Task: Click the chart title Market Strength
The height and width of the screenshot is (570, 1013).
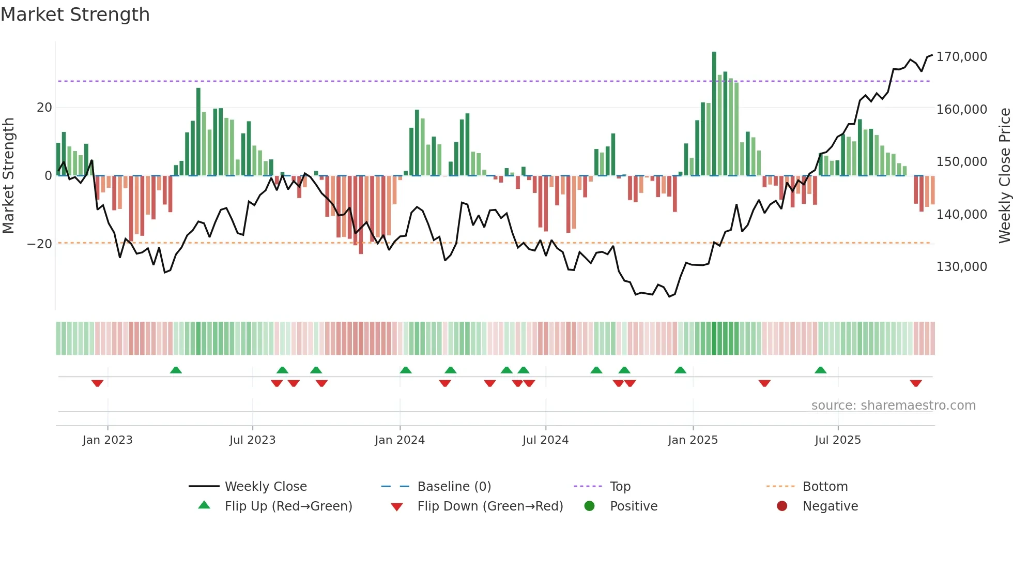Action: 75,14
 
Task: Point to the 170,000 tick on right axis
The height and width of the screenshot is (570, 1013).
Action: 961,57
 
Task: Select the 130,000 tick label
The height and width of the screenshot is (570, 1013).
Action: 961,267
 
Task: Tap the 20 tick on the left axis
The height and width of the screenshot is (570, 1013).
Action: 44,108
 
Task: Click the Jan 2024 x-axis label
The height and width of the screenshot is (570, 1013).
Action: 400,440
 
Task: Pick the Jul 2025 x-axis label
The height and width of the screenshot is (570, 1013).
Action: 838,440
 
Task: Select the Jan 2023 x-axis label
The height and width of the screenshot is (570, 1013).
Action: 108,440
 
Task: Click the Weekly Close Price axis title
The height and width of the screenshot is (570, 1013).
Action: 1004,175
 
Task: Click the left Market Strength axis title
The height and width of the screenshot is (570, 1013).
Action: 9,175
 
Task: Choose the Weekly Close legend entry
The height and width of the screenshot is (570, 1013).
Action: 266,487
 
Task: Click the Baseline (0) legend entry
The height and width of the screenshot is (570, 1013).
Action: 454,487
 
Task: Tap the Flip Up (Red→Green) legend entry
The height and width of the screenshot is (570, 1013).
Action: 288,506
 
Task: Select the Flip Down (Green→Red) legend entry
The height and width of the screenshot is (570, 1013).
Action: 490,506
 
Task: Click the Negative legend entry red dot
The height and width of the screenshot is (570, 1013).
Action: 782,506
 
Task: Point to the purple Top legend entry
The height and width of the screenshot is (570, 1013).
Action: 620,487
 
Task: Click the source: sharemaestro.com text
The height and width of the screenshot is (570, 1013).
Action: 893,406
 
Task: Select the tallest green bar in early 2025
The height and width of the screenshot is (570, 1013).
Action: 714,114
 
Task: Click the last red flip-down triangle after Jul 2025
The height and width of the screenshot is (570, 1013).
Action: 916,383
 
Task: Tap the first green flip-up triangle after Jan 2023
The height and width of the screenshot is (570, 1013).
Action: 176,370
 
